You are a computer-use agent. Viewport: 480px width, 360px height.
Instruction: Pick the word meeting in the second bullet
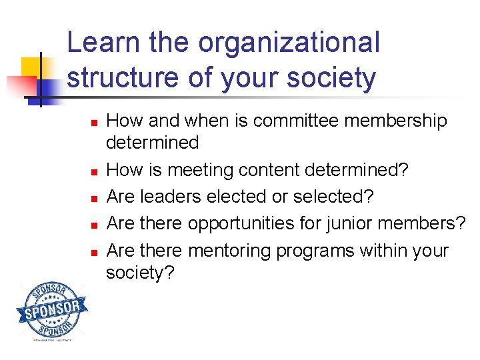click(201, 170)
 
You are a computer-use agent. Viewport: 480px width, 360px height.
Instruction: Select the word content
click(268, 170)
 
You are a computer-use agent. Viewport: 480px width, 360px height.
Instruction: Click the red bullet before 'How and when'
click(95, 123)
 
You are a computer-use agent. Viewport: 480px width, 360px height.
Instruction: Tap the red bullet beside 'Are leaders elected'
click(95, 199)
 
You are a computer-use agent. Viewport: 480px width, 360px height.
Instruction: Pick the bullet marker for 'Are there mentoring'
click(95, 253)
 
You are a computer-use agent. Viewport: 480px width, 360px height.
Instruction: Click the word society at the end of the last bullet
click(139, 273)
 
